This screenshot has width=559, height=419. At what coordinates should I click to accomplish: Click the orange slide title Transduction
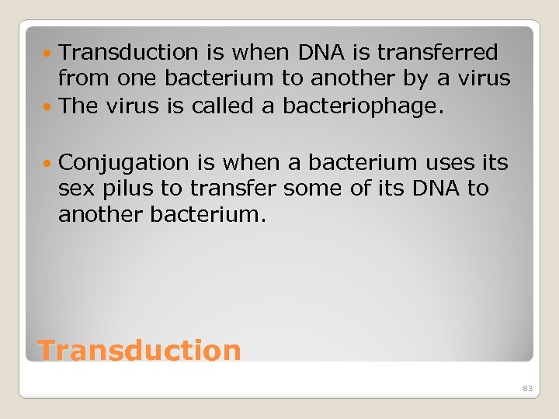click(x=140, y=350)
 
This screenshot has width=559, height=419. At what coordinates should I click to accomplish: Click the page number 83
click(x=528, y=388)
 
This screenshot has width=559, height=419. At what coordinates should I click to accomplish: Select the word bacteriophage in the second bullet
click(x=363, y=106)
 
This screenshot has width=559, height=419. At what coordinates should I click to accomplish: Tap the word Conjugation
click(x=123, y=163)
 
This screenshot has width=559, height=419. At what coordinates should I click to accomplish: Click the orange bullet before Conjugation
click(x=49, y=163)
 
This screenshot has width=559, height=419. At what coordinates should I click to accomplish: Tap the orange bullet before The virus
click(x=49, y=106)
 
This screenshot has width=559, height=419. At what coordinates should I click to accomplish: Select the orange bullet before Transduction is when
click(x=49, y=53)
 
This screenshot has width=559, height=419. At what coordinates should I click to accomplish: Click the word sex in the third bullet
click(x=74, y=189)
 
